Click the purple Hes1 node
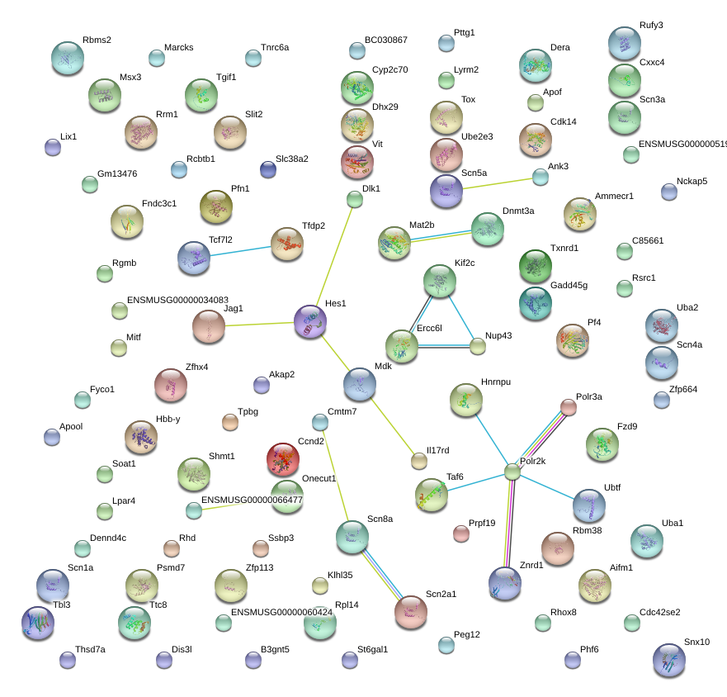tap(310, 321)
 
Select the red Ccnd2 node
tap(283, 459)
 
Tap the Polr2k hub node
tap(512, 472)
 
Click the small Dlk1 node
tap(355, 200)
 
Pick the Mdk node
tap(359, 384)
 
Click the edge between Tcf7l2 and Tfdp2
tap(240, 251)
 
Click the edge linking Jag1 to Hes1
tap(259, 324)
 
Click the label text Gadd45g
tap(569, 285)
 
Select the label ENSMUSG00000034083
tap(177, 300)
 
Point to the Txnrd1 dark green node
tap(536, 266)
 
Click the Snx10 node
tap(669, 659)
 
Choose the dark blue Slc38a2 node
tap(268, 169)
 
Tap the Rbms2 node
tap(68, 58)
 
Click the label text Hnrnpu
tap(496, 382)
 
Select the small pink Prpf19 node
tap(460, 533)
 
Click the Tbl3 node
tap(38, 623)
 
